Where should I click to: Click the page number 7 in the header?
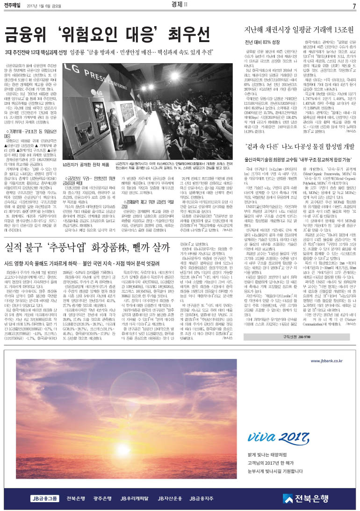coord(354,5)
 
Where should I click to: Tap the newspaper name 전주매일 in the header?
coord(12,6)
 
